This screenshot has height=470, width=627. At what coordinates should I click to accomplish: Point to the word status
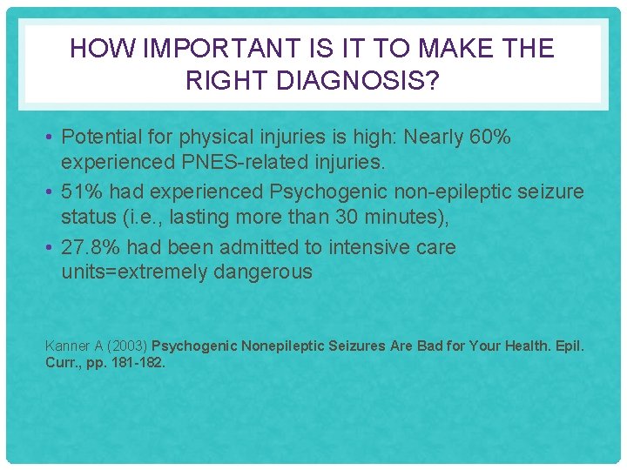[89, 216]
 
